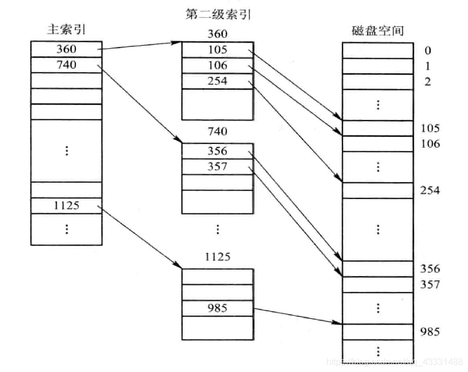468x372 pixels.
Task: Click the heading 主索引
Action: (x=66, y=30)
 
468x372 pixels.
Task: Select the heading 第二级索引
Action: (x=217, y=14)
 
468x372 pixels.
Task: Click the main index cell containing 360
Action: (x=66, y=49)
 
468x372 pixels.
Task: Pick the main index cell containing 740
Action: (x=66, y=64)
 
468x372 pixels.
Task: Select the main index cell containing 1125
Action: (x=66, y=205)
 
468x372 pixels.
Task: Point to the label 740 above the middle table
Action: (x=217, y=132)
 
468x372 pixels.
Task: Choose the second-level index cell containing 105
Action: (x=217, y=50)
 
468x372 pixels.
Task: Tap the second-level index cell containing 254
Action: (x=217, y=81)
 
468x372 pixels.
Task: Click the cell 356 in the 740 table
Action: (x=217, y=151)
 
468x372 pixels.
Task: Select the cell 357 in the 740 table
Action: (x=217, y=166)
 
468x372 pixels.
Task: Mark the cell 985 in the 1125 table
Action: (x=217, y=308)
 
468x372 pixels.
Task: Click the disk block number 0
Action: (x=428, y=50)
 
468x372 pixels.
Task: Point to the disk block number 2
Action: (x=428, y=82)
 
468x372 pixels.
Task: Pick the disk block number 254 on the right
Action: (x=430, y=190)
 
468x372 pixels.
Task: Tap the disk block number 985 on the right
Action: (x=430, y=332)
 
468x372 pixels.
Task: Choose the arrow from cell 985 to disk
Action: (x=297, y=315)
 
